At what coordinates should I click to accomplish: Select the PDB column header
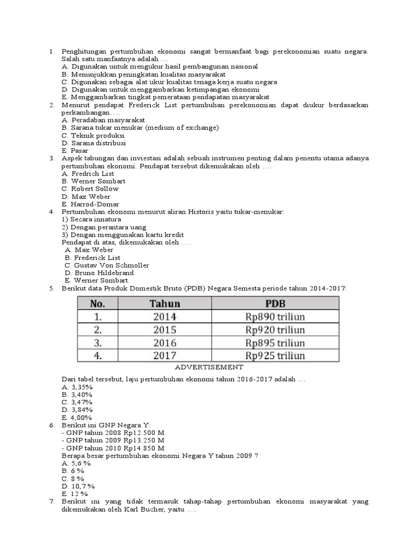tap(275, 304)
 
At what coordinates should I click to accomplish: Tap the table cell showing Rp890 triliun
tap(275, 317)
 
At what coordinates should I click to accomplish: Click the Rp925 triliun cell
tap(275, 356)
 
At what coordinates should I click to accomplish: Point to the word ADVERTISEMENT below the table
tap(209, 368)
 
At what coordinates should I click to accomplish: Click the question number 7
tap(52, 501)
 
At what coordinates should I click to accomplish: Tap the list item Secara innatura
tap(90, 219)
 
